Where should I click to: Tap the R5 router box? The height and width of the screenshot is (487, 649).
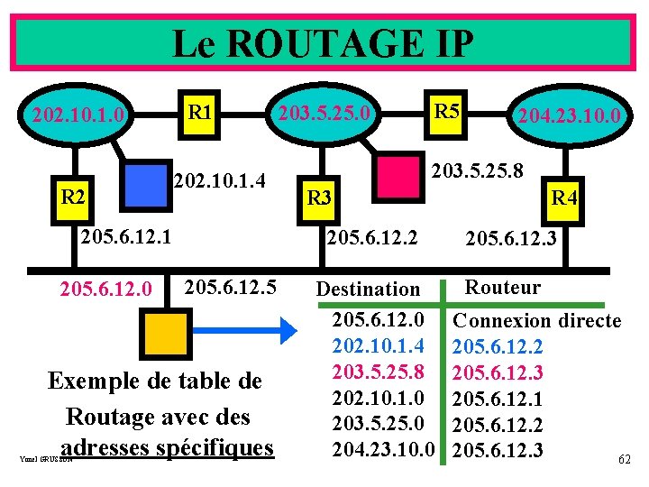(x=446, y=112)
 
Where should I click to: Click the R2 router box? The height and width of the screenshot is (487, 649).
(x=72, y=196)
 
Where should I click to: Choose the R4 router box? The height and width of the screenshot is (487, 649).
(x=563, y=196)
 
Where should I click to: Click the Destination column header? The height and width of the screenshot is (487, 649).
(x=368, y=289)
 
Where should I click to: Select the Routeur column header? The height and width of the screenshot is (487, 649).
(x=502, y=288)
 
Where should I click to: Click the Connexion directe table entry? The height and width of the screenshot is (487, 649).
(x=536, y=320)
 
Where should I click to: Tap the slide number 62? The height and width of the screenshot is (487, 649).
(x=625, y=459)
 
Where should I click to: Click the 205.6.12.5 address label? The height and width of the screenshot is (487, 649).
(x=229, y=289)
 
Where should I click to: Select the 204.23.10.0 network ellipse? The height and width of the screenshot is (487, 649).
(x=567, y=116)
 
